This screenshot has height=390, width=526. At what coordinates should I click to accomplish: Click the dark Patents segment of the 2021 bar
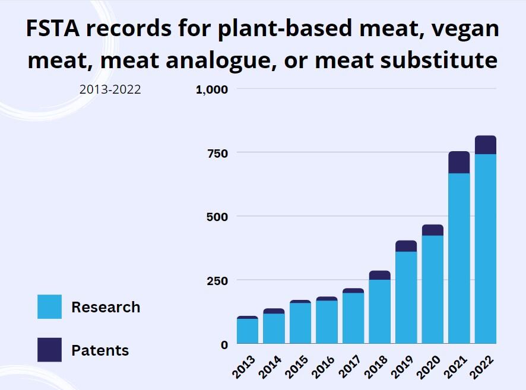pos(459,162)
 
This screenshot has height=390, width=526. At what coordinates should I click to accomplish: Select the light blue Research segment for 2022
pos(486,248)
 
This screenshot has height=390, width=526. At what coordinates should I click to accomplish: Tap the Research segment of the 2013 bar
pos(247,331)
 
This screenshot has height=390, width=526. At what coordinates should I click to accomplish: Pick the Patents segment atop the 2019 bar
pos(406,246)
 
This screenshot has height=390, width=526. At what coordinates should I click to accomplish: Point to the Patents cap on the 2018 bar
pos(380,275)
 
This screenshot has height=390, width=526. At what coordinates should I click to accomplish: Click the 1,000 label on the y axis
pos(212,89)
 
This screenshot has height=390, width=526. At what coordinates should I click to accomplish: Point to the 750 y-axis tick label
pos(217,153)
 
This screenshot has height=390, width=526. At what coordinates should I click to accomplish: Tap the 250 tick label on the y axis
pos(217,280)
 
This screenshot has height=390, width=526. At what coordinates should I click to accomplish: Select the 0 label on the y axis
pos(224,344)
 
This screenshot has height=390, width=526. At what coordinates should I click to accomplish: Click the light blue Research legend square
pos(49,307)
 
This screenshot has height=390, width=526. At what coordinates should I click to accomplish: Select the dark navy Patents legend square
pos(49,350)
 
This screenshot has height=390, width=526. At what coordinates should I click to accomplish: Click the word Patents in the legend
pos(100,350)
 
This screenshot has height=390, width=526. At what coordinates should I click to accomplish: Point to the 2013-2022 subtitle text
pos(110,90)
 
